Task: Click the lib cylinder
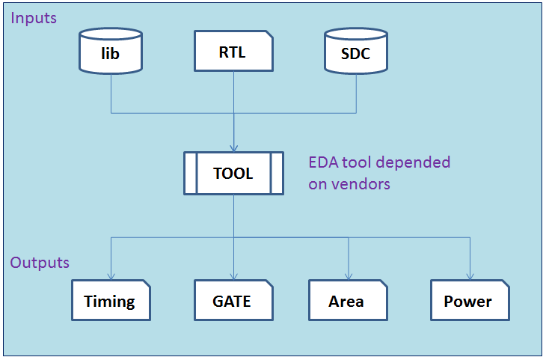pyautogui.click(x=111, y=51)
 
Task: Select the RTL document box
pyautogui.click(x=233, y=51)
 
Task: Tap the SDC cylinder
pyautogui.click(x=356, y=51)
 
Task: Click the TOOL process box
pyautogui.click(x=233, y=173)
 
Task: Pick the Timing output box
pyautogui.click(x=111, y=300)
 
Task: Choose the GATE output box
pyautogui.click(x=233, y=300)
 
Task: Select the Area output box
pyautogui.click(x=349, y=300)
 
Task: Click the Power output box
pyautogui.click(x=470, y=300)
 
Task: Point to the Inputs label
pyautogui.click(x=34, y=18)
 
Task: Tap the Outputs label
pyautogui.click(x=40, y=263)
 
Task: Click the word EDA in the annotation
pyautogui.click(x=324, y=162)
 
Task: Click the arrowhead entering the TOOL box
pyautogui.click(x=233, y=148)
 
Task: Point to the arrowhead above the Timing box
pyautogui.click(x=111, y=276)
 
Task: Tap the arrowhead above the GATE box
pyautogui.click(x=233, y=276)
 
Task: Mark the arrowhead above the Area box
pyautogui.click(x=349, y=276)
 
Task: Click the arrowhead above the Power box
pyautogui.click(x=470, y=276)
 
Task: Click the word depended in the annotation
pyautogui.click(x=413, y=162)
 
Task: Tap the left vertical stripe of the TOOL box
pyautogui.click(x=191, y=173)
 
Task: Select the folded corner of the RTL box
pyautogui.click(x=270, y=34)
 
